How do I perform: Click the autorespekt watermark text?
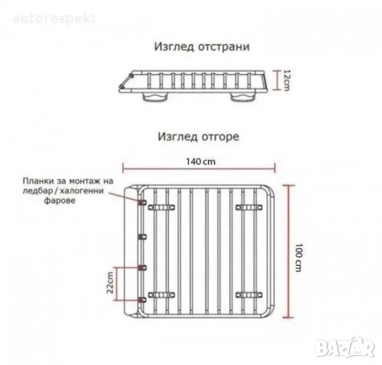pos(54,19)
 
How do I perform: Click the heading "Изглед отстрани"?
pos(202,47)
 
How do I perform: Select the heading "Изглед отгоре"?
pos(198,137)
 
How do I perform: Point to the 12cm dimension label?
pos(287,80)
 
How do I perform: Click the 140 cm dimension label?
pos(201,162)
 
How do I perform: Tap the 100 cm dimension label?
pos(299,257)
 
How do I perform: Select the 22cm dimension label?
pos(110,283)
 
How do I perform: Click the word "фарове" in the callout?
pos(60,201)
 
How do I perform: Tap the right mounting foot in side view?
pos(243,97)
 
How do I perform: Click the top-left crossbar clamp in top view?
pos(161,207)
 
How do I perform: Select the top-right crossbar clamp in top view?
pos(249,207)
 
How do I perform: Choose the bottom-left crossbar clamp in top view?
pos(161,295)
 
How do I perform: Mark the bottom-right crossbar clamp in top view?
pos(249,295)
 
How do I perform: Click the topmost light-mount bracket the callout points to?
pos(142,202)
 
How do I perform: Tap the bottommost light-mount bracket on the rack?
pos(142,300)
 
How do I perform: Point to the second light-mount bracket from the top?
pos(142,237)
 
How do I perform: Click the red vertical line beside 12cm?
pos(277,80)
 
